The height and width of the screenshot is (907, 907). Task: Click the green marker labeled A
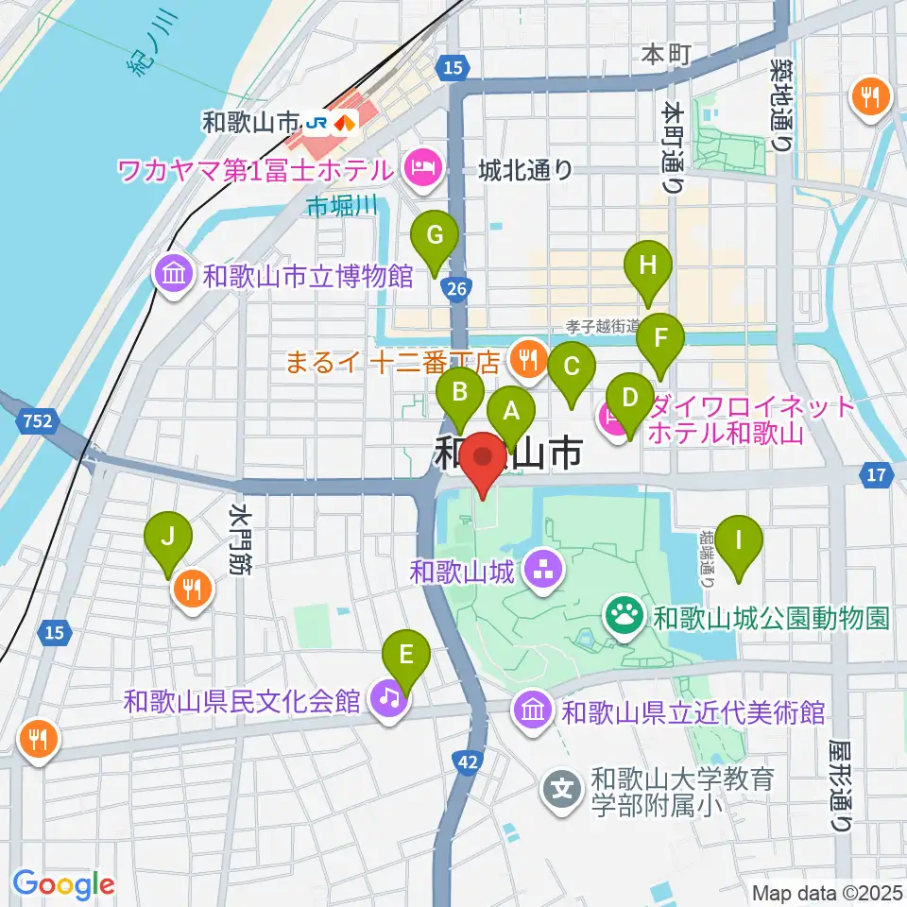pyautogui.click(x=511, y=411)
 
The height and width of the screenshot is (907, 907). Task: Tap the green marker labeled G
pyautogui.click(x=435, y=236)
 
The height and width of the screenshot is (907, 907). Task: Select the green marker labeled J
pyautogui.click(x=168, y=538)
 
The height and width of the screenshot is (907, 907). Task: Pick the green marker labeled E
pyautogui.click(x=406, y=654)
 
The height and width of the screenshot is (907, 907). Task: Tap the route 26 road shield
pyautogui.click(x=455, y=289)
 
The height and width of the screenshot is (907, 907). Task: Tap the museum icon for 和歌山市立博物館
pyautogui.click(x=175, y=277)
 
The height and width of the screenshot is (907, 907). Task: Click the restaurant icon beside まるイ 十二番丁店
pyautogui.click(x=524, y=359)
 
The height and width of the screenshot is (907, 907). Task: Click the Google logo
pyautogui.click(x=63, y=884)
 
